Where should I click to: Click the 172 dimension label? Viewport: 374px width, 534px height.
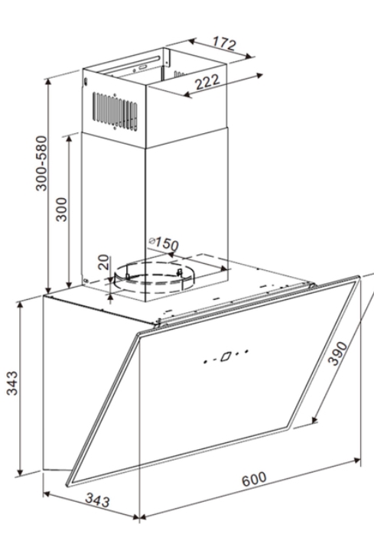pyautogui.click(x=224, y=44)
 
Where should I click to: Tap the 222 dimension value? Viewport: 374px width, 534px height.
pyautogui.click(x=207, y=82)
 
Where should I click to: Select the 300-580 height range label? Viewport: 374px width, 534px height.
pyautogui.click(x=41, y=163)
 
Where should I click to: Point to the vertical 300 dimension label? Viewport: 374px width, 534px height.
pyautogui.click(x=62, y=209)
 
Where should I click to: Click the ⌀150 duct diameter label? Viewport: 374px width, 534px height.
pyautogui.click(x=164, y=243)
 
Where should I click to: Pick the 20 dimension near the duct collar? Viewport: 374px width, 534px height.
pyautogui.click(x=104, y=262)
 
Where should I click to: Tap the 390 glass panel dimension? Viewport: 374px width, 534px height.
pyautogui.click(x=337, y=353)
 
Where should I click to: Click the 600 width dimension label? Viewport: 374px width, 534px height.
pyautogui.click(x=254, y=479)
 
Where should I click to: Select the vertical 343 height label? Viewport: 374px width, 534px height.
pyautogui.click(x=12, y=383)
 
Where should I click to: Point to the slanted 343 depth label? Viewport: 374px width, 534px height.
pyautogui.click(x=98, y=500)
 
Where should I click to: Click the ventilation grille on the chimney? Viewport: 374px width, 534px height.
pyautogui.click(x=115, y=112)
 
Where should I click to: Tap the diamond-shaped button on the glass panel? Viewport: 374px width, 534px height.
pyautogui.click(x=226, y=357)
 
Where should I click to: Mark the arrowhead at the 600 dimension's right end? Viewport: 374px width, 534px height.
pyautogui.click(x=357, y=461)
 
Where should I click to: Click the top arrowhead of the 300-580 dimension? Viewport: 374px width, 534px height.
pyautogui.click(x=48, y=82)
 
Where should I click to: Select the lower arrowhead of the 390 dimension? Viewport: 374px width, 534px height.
pyautogui.click(x=314, y=419)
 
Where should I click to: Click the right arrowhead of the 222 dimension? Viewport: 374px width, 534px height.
pyautogui.click(x=260, y=75)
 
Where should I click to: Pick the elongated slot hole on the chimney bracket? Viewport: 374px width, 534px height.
pyautogui.click(x=143, y=67)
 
